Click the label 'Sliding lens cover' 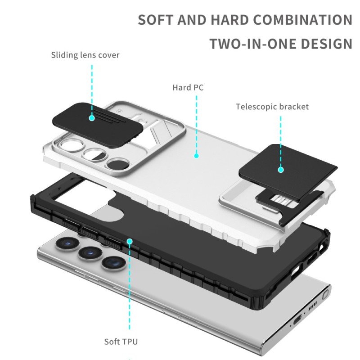(x=85, y=55)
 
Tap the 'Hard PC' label (x=188, y=87)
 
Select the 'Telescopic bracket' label (x=272, y=107)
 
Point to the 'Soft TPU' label (x=121, y=342)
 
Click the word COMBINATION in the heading (x=302, y=20)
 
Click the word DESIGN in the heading (x=326, y=44)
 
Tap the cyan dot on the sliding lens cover (x=92, y=118)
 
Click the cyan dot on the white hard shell (x=196, y=156)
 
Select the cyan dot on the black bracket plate (x=281, y=170)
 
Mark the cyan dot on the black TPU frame (x=130, y=241)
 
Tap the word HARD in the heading (x=229, y=20)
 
